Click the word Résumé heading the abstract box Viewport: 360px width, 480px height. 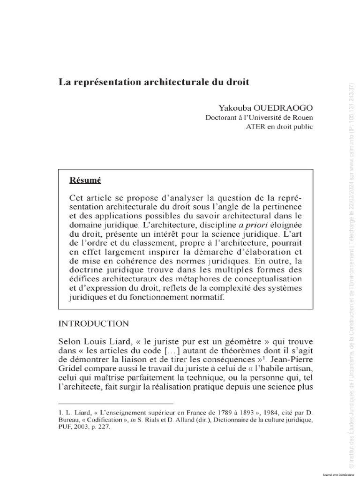85,180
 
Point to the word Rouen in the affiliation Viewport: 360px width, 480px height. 303,117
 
